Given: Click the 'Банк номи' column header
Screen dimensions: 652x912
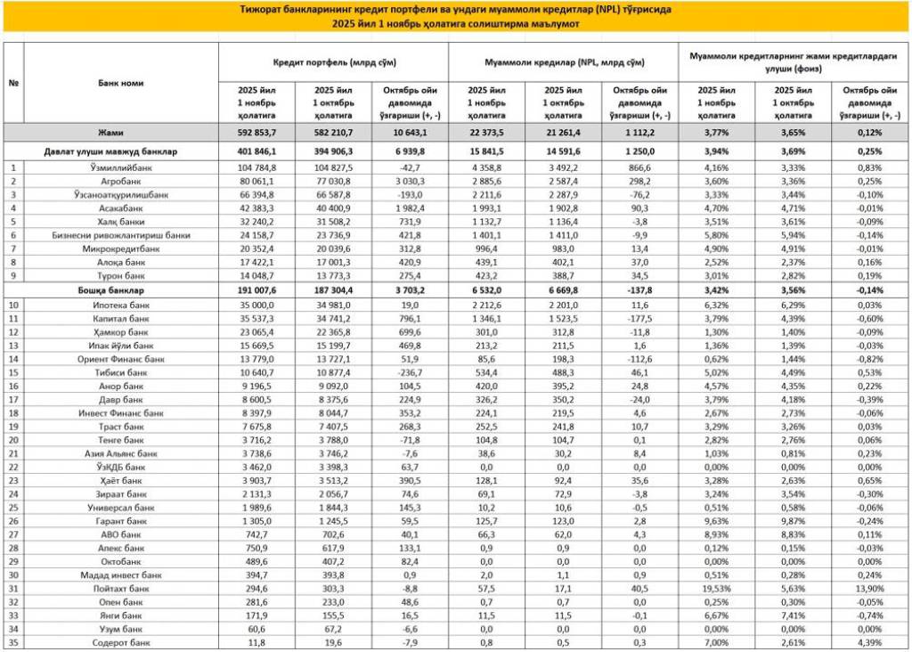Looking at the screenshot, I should [120, 83].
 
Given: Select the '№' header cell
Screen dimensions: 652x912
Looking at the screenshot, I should [13, 83].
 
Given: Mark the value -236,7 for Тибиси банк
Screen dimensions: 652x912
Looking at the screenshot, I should [411, 372].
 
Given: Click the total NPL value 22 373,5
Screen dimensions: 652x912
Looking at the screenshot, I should [487, 132].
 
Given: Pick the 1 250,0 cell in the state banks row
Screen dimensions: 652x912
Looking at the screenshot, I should [639, 152].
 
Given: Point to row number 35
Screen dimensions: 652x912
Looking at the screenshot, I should [13, 642].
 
